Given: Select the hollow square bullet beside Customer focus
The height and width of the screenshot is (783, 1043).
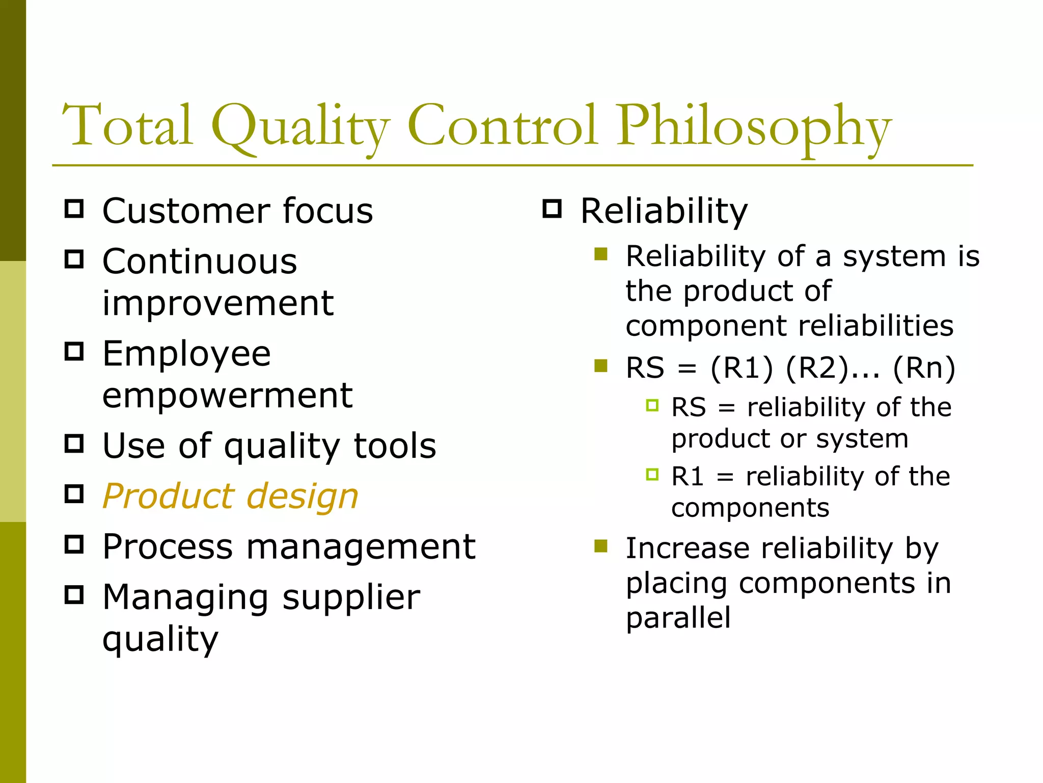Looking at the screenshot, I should tap(74, 209).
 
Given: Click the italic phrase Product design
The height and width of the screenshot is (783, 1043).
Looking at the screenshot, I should tap(231, 496).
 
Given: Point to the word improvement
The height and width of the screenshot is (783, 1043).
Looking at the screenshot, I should tap(218, 303).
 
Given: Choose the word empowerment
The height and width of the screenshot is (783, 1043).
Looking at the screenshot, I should tap(227, 395).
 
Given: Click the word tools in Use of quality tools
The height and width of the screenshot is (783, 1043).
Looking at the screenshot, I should tap(395, 446).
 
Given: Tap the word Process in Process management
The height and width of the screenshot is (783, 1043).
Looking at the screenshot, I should tap(168, 547).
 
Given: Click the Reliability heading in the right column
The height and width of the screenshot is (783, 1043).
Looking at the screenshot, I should tap(664, 211).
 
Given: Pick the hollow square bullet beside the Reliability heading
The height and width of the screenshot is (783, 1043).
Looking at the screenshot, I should tap(552, 209).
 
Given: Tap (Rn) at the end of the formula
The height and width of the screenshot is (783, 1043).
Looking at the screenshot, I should tap(924, 368).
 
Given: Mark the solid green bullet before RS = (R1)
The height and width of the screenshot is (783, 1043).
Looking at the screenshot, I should tap(601, 366).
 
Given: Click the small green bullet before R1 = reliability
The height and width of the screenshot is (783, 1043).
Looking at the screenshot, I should tap(652, 475).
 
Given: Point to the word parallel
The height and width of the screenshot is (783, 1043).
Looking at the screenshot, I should tap(678, 617).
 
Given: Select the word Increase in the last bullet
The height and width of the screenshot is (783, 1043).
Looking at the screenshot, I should tap(687, 549).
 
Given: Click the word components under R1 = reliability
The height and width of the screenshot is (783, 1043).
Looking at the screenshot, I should tap(750, 508).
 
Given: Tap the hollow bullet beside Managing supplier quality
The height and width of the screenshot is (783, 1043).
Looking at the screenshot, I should tap(74, 595).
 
